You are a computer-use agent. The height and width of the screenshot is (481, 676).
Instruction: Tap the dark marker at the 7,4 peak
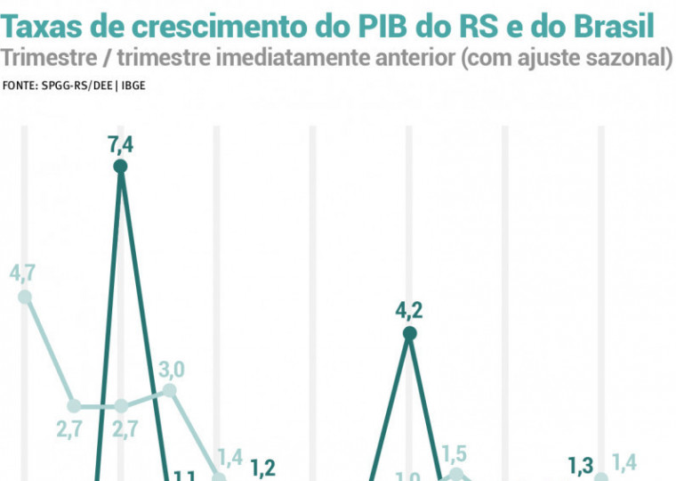point(121,167)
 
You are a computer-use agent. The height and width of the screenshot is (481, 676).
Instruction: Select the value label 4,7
point(23,273)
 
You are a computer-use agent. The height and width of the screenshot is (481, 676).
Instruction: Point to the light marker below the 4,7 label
point(25,297)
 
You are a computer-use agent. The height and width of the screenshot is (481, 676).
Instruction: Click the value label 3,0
point(172,369)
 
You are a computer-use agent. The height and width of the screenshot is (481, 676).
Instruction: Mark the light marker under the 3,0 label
point(170,391)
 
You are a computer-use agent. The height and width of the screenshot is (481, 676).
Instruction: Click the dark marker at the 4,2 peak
point(409,334)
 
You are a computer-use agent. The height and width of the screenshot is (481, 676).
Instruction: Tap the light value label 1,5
point(455,452)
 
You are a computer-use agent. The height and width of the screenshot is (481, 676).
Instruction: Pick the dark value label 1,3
point(580,464)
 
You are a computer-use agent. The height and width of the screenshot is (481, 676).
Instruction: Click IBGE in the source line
point(133,86)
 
